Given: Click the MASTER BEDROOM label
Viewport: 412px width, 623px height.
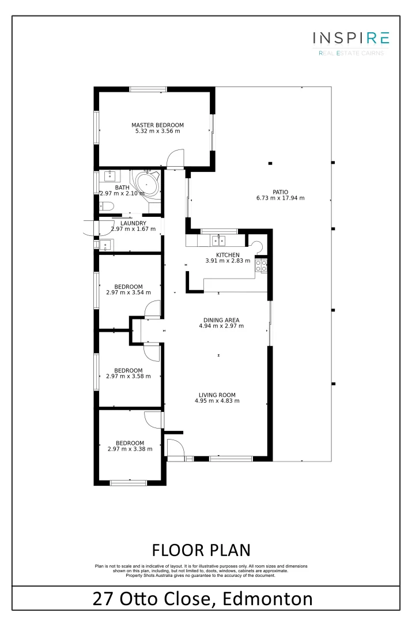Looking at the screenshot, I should coord(157,125).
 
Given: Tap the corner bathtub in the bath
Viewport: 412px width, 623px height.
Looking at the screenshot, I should coord(146,184).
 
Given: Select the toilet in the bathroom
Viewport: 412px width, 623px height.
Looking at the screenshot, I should coord(107,207).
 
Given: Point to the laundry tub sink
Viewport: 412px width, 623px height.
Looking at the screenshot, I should coord(105,246).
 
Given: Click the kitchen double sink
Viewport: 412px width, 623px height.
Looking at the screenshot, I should coord(218,241).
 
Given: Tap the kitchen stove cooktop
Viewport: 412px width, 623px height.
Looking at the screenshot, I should coord(260,265).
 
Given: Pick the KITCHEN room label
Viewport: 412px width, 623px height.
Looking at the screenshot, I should coord(227,255).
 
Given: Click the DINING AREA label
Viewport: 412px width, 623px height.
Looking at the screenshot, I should coord(221,320).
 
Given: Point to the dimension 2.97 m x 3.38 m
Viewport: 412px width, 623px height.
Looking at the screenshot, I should coord(130,449).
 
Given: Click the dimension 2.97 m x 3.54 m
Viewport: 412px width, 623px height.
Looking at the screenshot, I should coord(128,292).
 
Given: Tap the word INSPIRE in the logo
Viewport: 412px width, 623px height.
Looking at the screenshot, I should coord(351,39).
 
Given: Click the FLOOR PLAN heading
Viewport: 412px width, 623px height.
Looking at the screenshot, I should coord(201,549).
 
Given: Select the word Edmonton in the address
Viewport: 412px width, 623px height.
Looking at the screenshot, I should coord(269,598).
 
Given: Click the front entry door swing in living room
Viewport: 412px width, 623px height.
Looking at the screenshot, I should coord(175,448).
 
